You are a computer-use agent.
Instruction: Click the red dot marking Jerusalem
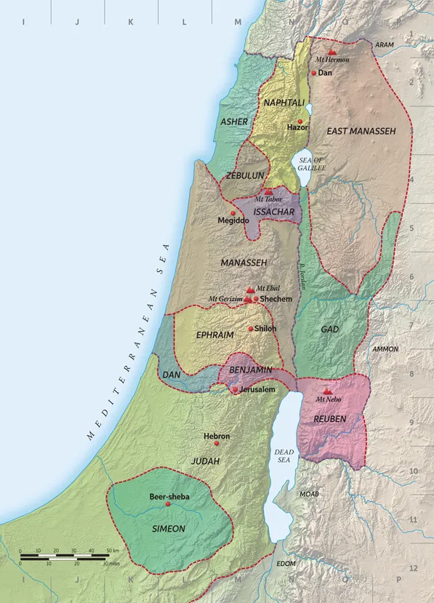pyautogui.click(x=234, y=390)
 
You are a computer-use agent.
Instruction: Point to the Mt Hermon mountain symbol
pyautogui.click(x=331, y=52)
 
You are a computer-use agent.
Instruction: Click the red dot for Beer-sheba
pyautogui.click(x=168, y=504)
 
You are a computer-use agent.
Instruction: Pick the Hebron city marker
pyautogui.click(x=216, y=443)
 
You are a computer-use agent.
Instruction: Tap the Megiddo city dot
pyautogui.click(x=233, y=212)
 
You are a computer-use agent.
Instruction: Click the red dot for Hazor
pyautogui.click(x=300, y=121)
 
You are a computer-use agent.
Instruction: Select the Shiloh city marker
pyautogui.click(x=251, y=329)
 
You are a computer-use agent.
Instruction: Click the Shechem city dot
pyautogui.click(x=256, y=299)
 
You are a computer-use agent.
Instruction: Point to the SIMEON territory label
pyautogui.click(x=168, y=528)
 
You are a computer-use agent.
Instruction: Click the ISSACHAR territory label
pyautogui.click(x=273, y=212)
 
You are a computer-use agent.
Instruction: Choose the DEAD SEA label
pyautogui.click(x=284, y=456)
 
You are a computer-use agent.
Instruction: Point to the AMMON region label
pyautogui.click(x=385, y=349)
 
